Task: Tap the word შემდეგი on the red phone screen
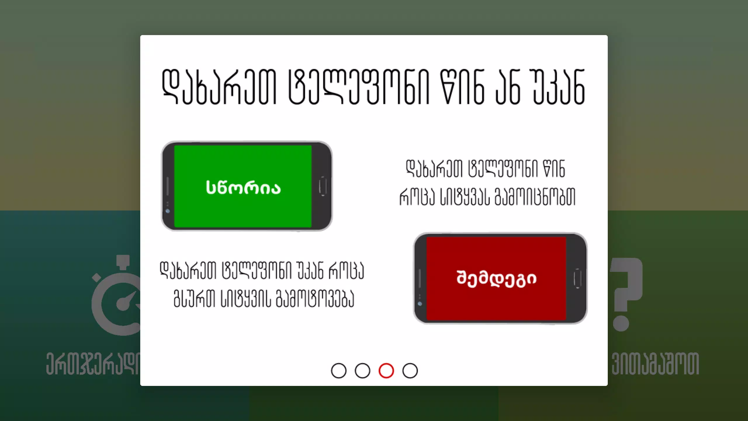pyautogui.click(x=496, y=279)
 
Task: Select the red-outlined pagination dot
pyautogui.click(x=386, y=371)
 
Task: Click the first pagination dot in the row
pyautogui.click(x=339, y=371)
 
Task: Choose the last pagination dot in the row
pyautogui.click(x=410, y=371)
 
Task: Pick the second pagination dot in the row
pyautogui.click(x=362, y=371)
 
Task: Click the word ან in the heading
pyautogui.click(x=508, y=87)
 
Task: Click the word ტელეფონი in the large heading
pyautogui.click(x=359, y=87)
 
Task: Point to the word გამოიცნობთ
pyautogui.click(x=535, y=196)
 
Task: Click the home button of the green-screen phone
pyautogui.click(x=323, y=186)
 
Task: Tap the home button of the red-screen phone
pyautogui.click(x=577, y=278)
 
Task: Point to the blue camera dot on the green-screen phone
pyautogui.click(x=168, y=211)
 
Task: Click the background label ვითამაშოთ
pyautogui.click(x=655, y=364)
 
